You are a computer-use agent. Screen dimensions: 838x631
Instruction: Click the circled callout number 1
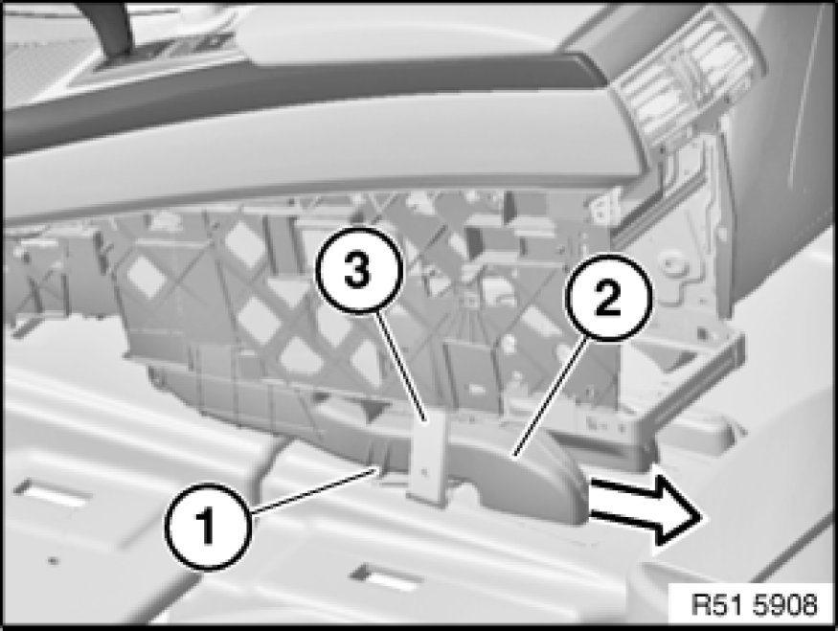(209, 527)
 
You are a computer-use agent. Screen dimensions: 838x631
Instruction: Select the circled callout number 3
(358, 269)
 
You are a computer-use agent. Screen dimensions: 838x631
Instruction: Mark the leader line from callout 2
(552, 396)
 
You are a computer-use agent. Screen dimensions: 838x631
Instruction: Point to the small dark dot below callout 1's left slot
(52, 560)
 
